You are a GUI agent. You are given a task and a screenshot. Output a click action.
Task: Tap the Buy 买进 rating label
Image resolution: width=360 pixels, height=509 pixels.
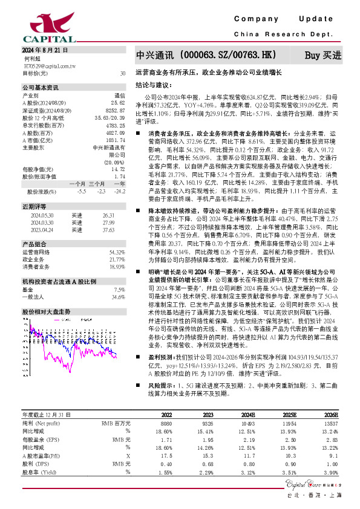point(322,55)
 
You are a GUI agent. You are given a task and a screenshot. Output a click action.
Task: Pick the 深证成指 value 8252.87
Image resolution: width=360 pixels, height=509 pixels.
point(116,110)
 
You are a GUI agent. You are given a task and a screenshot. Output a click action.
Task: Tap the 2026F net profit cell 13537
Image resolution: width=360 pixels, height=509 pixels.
point(330,423)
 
